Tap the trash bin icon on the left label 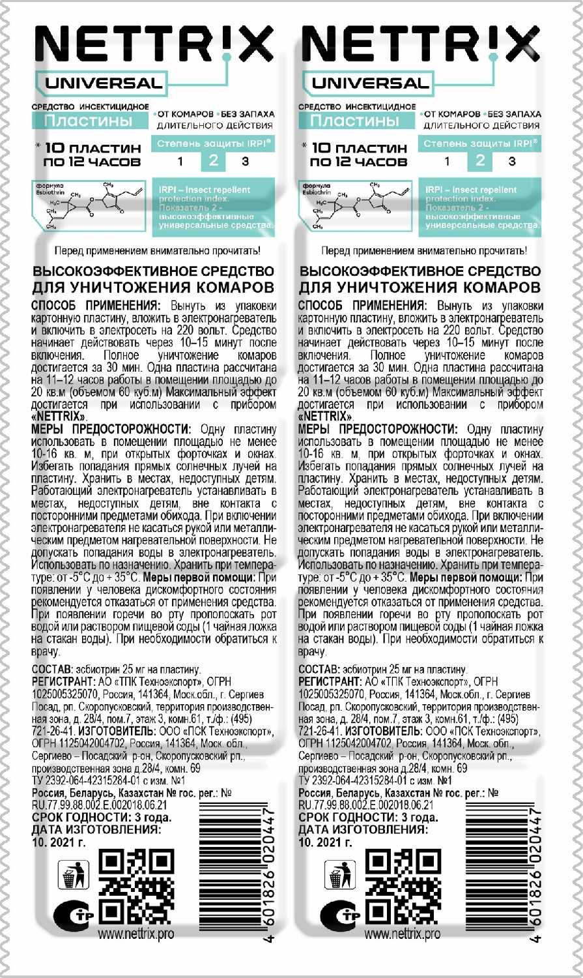(74, 875)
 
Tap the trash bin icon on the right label (341, 875)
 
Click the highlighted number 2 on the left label (213, 161)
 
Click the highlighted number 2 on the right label (480, 161)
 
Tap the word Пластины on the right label (355, 121)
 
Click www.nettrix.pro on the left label (136, 934)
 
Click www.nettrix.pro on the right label (403, 934)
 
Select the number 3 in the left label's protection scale (245, 161)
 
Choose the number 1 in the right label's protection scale (447, 161)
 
